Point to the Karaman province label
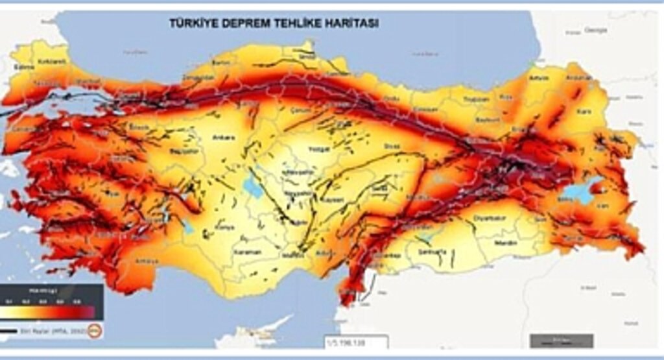click(x=248, y=252)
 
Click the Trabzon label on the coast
click(x=477, y=99)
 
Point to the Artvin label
click(x=539, y=78)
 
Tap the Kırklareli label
click(x=53, y=62)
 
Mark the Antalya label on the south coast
click(x=147, y=261)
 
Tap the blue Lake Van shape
click(x=582, y=192)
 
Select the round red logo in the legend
click(x=95, y=330)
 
